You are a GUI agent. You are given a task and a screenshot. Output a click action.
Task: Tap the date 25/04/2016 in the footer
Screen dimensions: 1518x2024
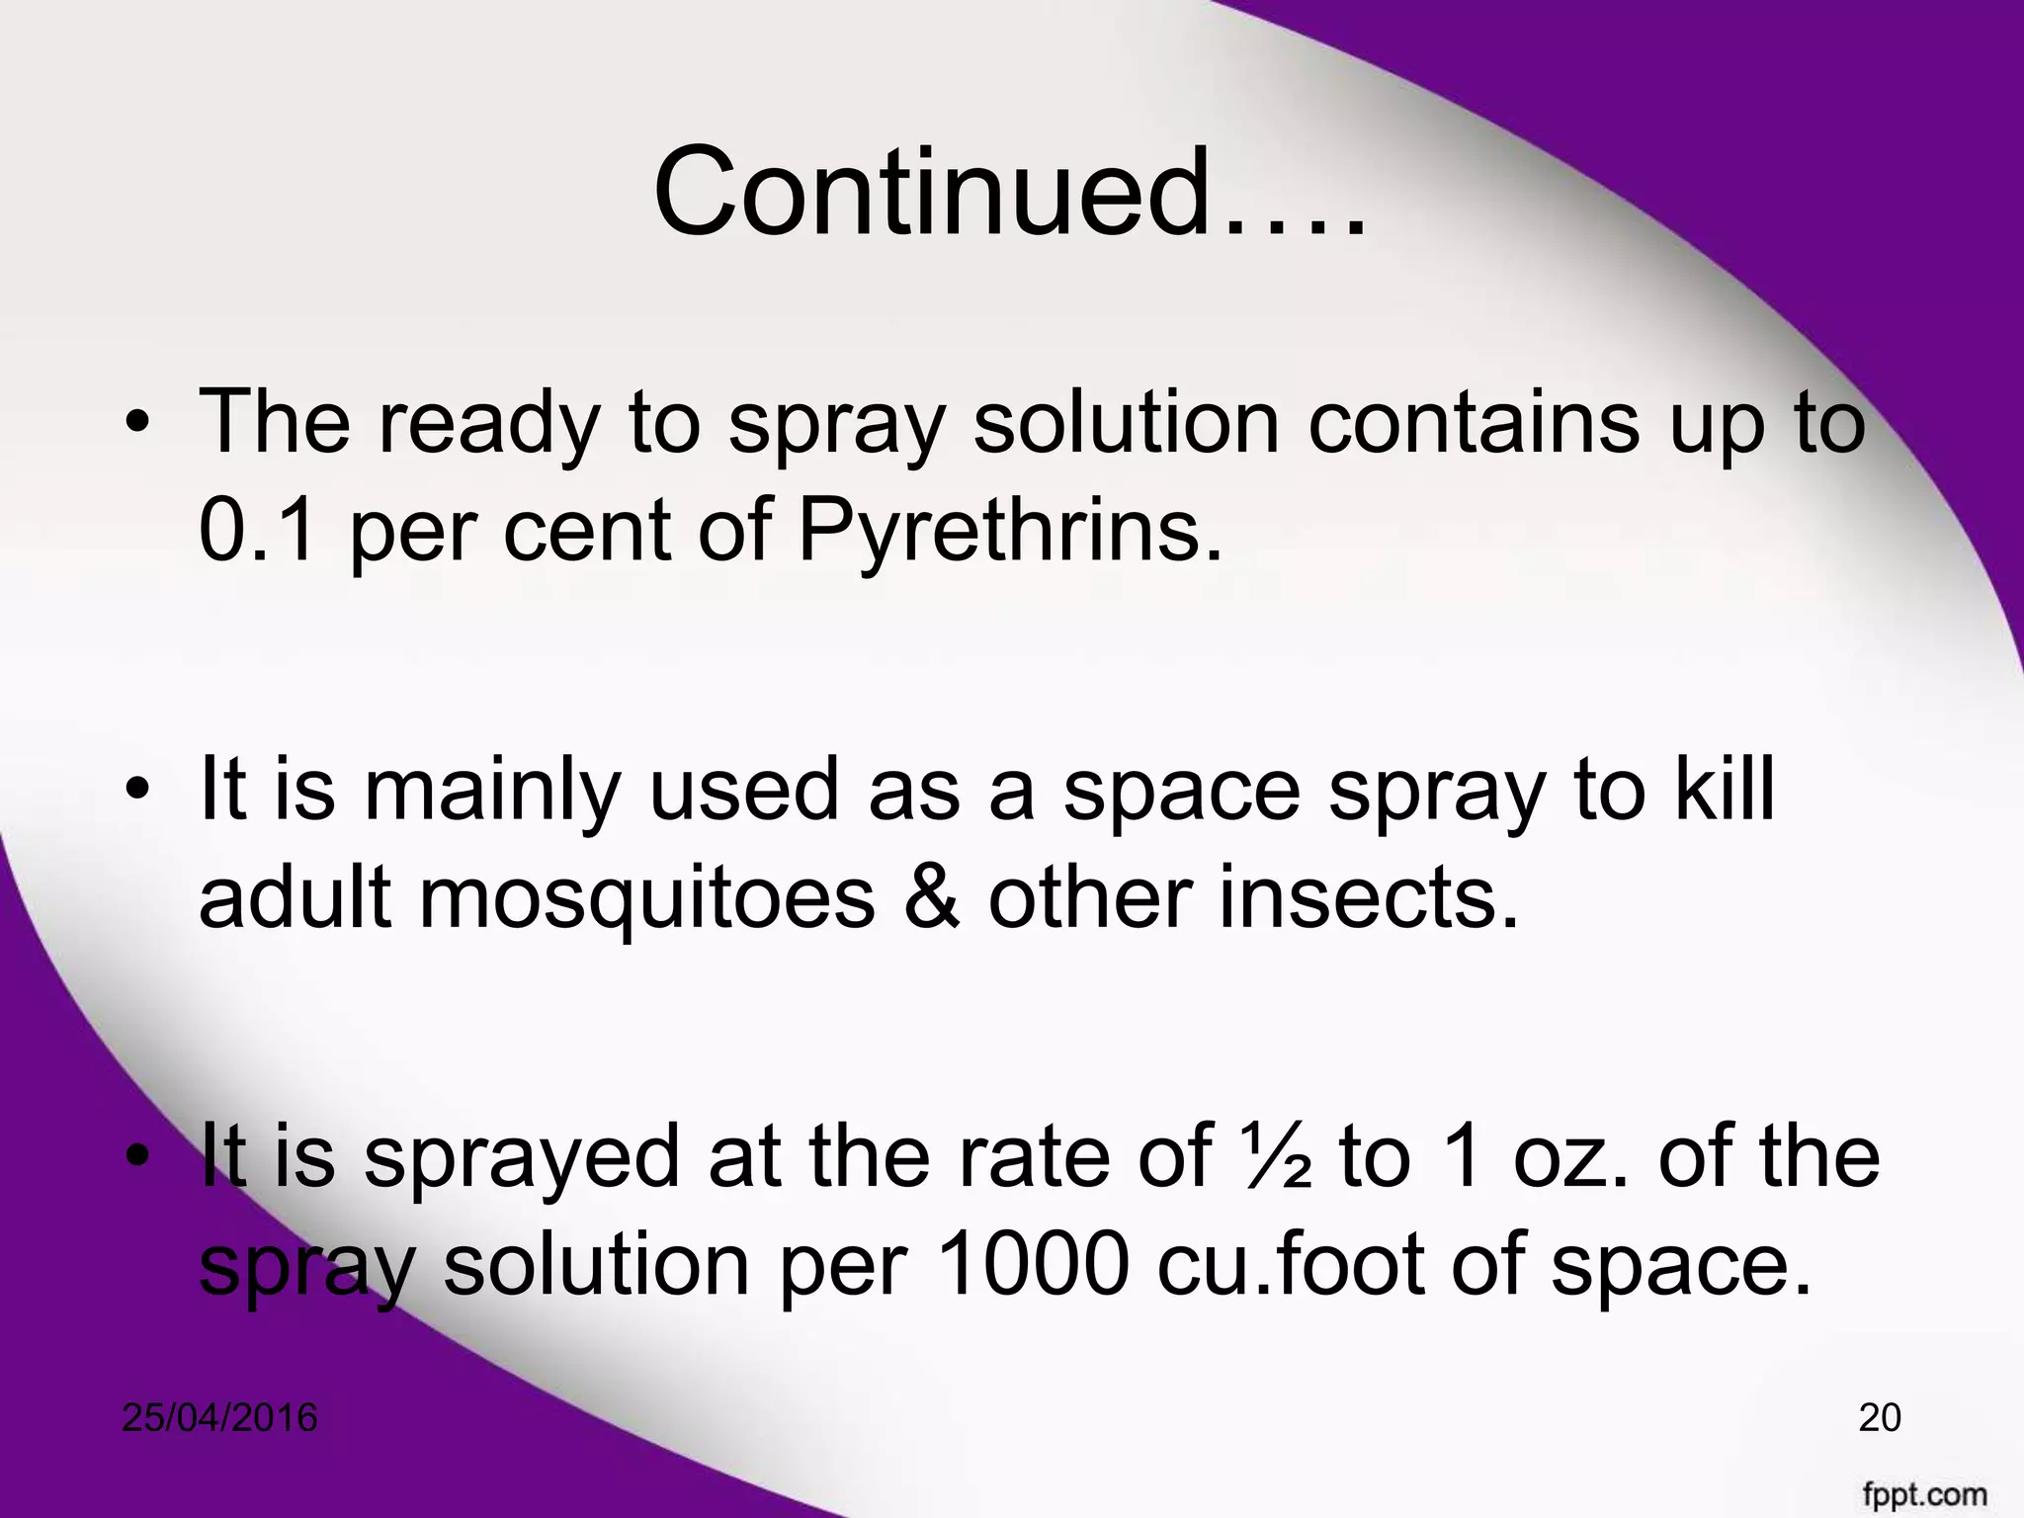[x=219, y=1418]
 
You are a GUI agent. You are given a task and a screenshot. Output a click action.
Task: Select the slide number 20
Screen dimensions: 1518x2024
[x=1880, y=1418]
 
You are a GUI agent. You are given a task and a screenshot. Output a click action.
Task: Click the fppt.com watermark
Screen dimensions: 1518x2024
[x=1926, y=1493]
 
